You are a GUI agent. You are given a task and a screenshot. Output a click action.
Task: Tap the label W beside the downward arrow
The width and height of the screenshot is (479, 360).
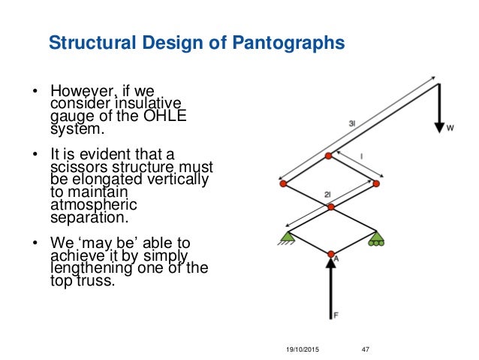coord(450,129)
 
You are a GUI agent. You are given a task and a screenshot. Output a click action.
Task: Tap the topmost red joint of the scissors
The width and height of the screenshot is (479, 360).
coord(328,156)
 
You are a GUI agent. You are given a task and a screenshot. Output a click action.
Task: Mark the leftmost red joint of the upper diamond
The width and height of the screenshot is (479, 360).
coord(282,183)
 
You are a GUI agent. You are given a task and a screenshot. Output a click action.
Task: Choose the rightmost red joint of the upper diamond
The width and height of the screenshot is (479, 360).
coord(375,183)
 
